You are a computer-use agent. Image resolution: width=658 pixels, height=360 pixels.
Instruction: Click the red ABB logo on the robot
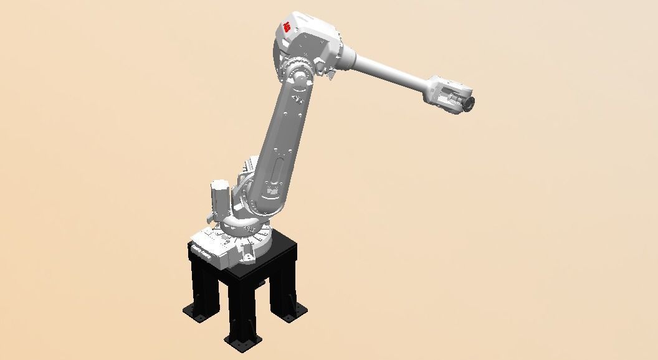pyautogui.click(x=287, y=27)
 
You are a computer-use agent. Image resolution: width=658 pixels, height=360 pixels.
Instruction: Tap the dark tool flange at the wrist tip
pyautogui.click(x=469, y=102)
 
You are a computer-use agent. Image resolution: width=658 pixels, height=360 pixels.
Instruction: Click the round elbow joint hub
pyautogui.click(x=300, y=77)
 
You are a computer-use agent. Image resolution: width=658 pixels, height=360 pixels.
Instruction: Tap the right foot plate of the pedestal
pyautogui.click(x=290, y=317)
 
